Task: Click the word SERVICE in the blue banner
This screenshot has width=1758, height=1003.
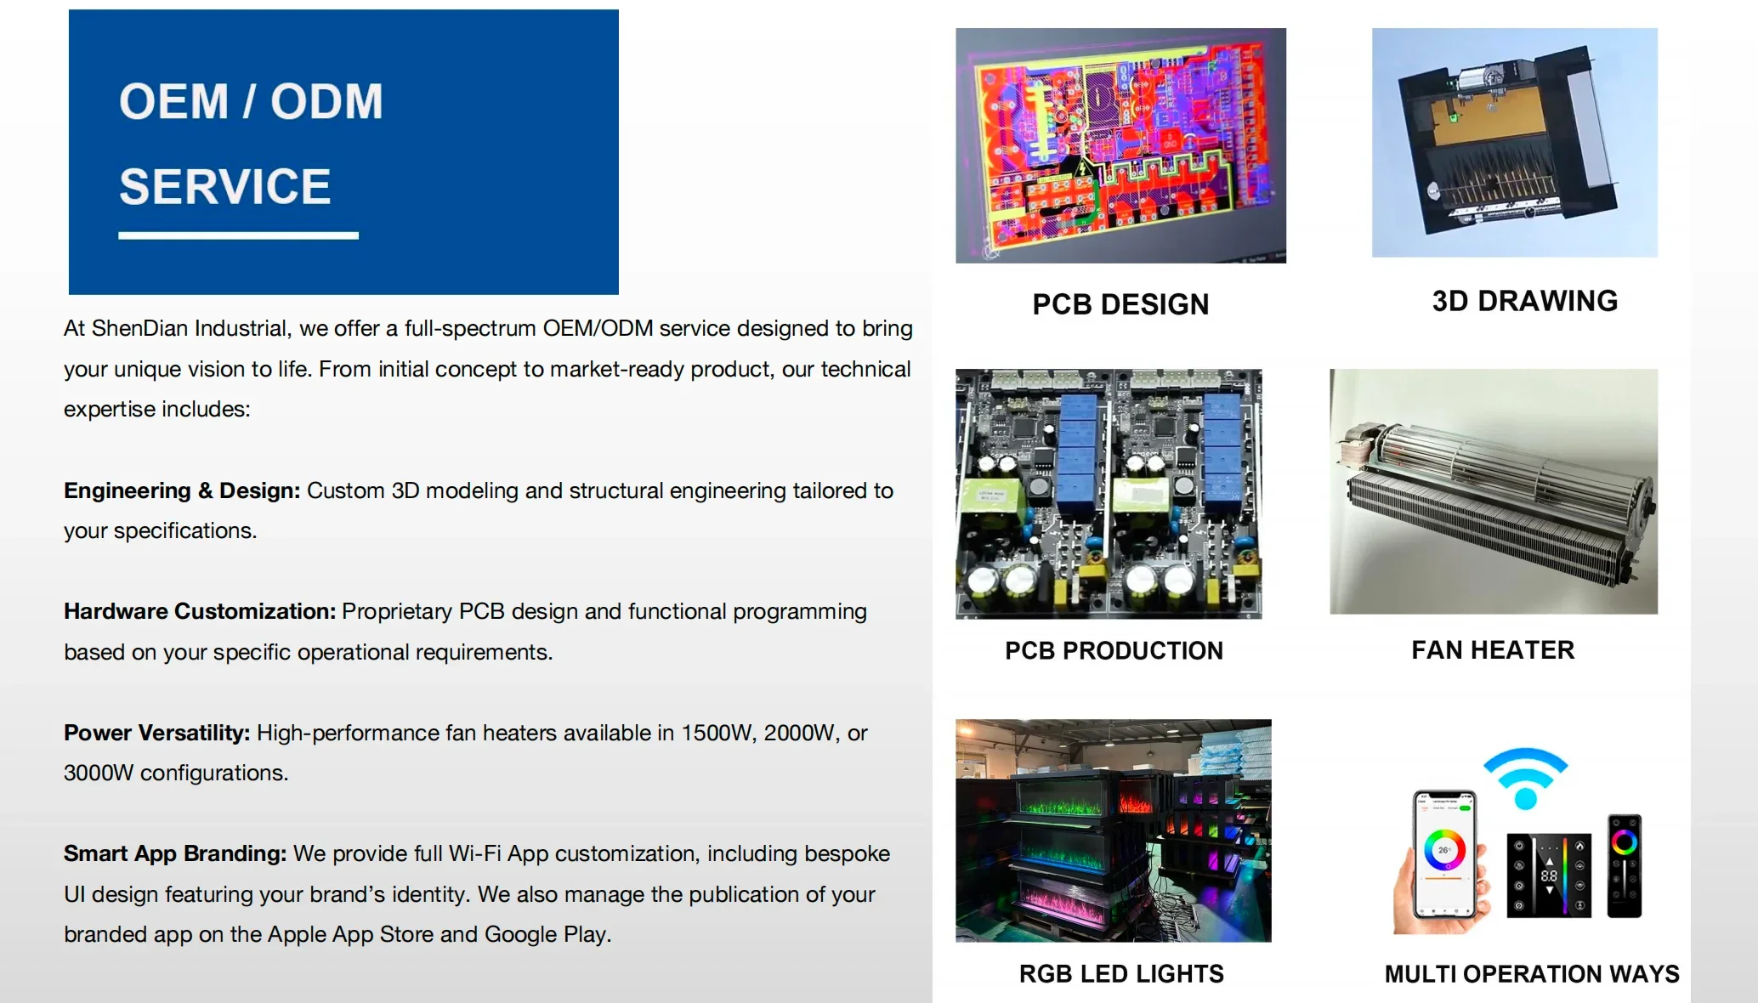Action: pos(224,186)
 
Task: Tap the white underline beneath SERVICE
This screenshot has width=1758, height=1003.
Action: pos(238,235)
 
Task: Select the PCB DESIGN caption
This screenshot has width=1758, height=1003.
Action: pos(1120,304)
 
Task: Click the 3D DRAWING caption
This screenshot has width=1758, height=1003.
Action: pos(1525,301)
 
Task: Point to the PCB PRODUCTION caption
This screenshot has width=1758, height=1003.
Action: pos(1114,650)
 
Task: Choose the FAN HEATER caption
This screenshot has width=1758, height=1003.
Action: pos(1493,650)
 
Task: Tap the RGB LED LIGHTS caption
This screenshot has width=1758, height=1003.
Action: pos(1121,973)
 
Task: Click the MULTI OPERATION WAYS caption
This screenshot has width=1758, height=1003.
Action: pos(1532,973)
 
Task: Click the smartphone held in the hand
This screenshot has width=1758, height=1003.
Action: pos(1444,855)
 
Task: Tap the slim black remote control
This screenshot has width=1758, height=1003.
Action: pos(1624,865)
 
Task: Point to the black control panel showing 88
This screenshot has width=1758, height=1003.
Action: pos(1549,875)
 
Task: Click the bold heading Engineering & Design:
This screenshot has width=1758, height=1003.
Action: pos(182,490)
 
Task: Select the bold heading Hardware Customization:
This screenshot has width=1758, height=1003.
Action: pos(200,611)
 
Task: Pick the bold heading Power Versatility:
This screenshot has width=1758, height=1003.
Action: pos(157,733)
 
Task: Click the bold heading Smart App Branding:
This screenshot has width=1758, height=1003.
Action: pos(175,853)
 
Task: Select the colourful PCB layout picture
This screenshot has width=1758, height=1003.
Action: pos(1120,145)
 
